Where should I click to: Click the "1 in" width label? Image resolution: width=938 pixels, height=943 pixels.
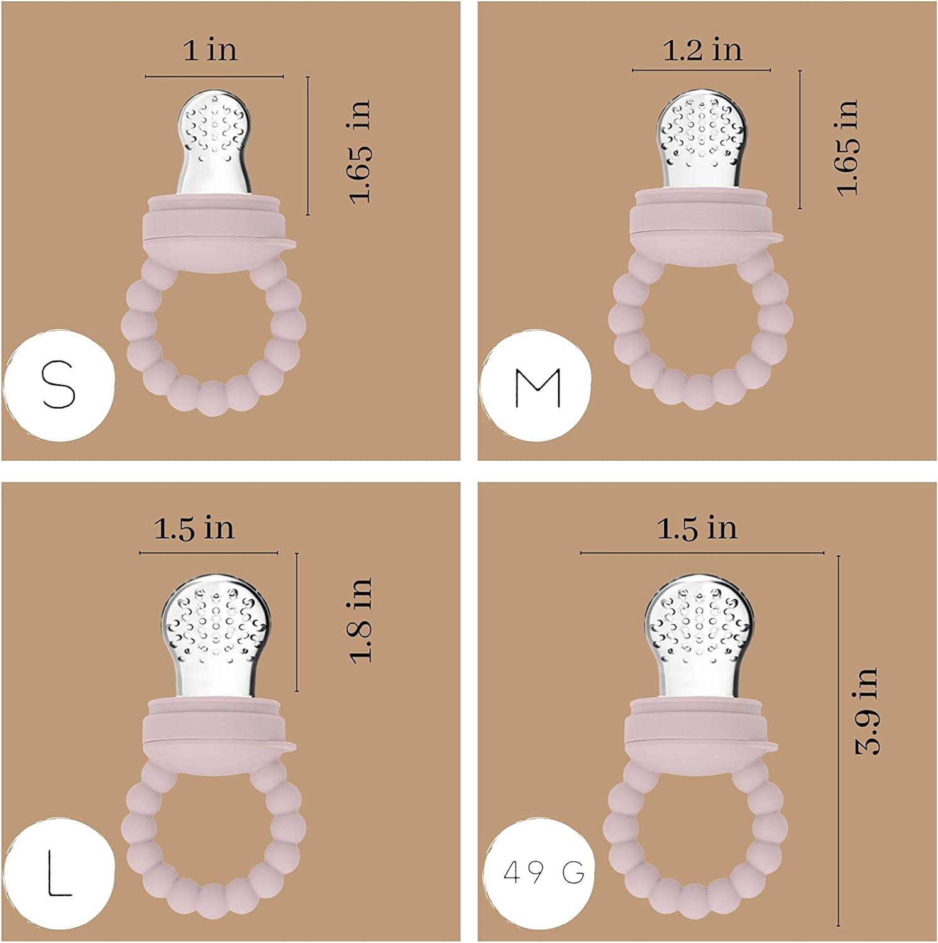211,50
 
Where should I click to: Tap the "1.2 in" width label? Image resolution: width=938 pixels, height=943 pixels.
703,50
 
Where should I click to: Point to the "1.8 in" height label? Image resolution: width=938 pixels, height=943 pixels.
361,620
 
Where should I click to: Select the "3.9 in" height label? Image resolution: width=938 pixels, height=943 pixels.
866,710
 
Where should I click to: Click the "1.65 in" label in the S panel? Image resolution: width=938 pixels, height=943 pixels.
360,152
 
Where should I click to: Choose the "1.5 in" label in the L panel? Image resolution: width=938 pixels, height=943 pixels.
194,528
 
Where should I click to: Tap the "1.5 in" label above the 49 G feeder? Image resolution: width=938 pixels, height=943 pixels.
697,528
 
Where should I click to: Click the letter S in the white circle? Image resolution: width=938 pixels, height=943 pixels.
58,385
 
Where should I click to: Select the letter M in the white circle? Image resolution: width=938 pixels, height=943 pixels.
538,387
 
